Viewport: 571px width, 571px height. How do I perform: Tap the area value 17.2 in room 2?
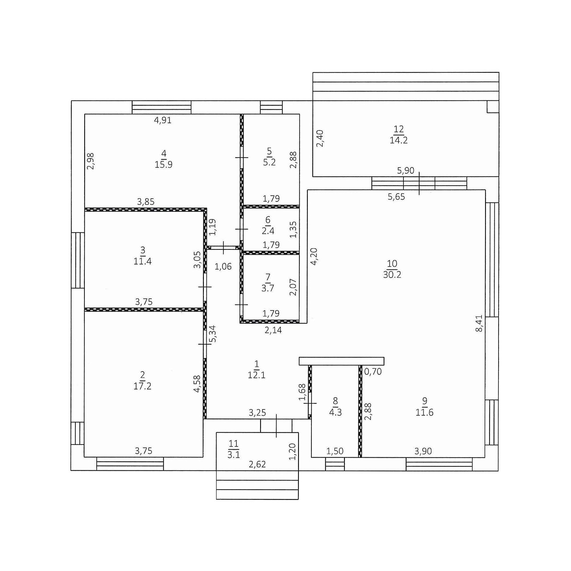142,386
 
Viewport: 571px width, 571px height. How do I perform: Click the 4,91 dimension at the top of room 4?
163,120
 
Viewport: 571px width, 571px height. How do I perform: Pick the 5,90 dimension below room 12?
405,170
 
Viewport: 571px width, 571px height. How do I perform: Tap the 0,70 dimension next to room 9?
373,371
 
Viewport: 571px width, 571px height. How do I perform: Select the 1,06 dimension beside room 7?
223,267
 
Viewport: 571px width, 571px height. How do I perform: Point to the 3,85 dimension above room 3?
146,202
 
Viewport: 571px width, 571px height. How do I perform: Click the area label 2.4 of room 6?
268,230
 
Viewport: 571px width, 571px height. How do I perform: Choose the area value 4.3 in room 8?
335,412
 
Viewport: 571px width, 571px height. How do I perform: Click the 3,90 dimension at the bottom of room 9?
423,451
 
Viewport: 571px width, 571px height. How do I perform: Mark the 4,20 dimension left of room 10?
313,256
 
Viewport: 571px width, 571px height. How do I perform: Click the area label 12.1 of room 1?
257,375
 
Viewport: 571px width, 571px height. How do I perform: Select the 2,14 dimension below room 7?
273,330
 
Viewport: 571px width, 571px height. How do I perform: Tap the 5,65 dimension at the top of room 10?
396,197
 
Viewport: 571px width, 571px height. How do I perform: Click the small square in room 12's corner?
493,107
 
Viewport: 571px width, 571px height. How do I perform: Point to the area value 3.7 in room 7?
268,288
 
